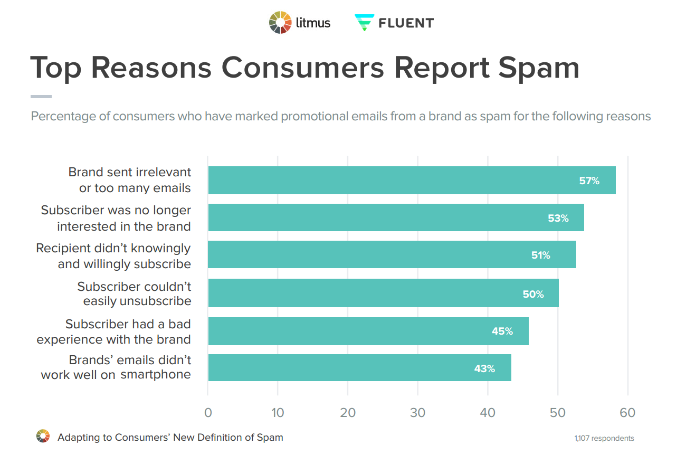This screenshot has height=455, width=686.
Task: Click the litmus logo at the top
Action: click(300, 23)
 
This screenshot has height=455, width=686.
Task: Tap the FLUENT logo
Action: click(394, 23)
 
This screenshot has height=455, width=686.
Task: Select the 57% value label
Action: click(589, 181)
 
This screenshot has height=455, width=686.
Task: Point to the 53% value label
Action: click(558, 217)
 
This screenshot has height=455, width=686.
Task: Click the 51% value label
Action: click(540, 255)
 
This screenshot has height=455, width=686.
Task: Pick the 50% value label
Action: click(533, 294)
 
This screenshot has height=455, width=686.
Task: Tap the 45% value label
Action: click(502, 331)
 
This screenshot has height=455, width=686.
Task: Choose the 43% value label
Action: click(484, 368)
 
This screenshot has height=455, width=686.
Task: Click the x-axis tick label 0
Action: click(208, 413)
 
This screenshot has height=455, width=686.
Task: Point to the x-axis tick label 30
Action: click(417, 413)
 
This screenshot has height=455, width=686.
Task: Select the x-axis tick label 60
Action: click(627, 413)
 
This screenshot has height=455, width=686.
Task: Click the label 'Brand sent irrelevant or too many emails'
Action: click(129, 180)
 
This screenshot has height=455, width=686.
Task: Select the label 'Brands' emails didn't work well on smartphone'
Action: click(116, 367)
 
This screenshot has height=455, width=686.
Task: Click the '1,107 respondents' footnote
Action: click(604, 438)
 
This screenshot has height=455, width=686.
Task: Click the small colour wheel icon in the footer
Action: click(43, 437)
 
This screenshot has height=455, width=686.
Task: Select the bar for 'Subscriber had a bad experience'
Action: click(368, 331)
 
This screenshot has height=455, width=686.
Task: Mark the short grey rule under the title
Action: click(41, 97)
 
